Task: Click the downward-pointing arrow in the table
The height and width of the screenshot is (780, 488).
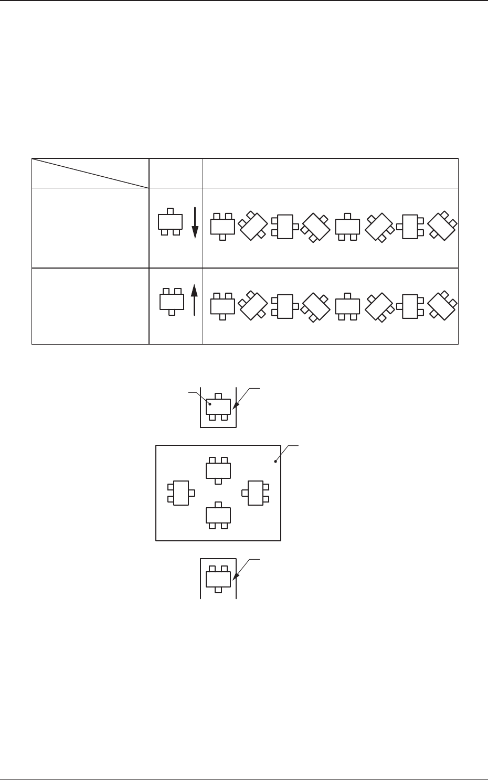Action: click(195, 222)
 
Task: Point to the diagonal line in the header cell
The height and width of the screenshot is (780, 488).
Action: click(90, 173)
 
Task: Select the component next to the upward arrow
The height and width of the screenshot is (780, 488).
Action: click(172, 302)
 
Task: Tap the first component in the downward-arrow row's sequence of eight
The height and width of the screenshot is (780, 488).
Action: click(222, 226)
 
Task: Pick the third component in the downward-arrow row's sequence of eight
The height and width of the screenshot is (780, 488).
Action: click(285, 226)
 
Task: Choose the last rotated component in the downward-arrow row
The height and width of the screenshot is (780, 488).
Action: click(442, 226)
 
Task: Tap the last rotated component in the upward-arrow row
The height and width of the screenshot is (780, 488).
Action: click(442, 306)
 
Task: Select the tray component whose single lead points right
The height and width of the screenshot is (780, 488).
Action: click(181, 493)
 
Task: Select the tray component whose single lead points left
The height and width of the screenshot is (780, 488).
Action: click(255, 493)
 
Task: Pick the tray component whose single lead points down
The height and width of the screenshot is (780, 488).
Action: click(218, 470)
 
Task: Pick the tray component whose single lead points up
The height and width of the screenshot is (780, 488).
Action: click(218, 515)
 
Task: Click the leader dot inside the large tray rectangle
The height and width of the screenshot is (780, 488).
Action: click(275, 462)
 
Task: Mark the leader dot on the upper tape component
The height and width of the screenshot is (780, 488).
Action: click(211, 404)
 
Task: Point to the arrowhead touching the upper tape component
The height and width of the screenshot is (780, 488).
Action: click(234, 408)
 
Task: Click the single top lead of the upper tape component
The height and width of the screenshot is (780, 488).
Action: click(218, 396)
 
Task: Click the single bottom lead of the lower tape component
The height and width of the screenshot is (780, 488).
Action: click(218, 590)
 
